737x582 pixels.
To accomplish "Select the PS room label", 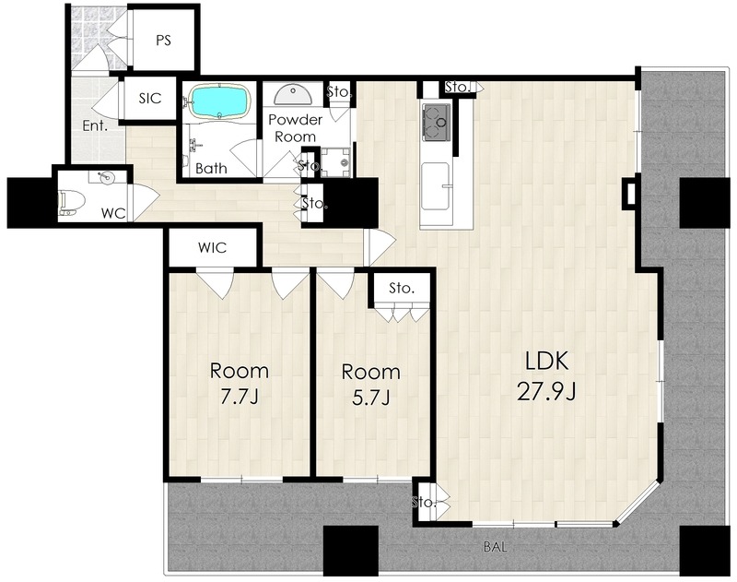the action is click(163, 41).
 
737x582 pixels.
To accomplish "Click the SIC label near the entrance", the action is click(150, 99).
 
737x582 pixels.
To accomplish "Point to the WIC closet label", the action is click(213, 247).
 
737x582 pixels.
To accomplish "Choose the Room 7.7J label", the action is click(240, 384).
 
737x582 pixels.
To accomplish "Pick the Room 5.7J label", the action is click(371, 385).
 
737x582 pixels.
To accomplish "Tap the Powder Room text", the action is click(295, 128).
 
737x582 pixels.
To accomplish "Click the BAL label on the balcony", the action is click(496, 547).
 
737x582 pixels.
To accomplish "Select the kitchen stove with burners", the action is click(437, 122).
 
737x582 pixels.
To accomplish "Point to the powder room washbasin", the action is click(292, 95).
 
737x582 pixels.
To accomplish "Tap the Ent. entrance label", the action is click(96, 125).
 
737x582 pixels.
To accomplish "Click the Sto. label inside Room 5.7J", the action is click(402, 288).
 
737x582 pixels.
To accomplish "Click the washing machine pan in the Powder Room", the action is click(335, 161).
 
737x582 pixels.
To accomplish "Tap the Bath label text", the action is click(211, 169).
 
